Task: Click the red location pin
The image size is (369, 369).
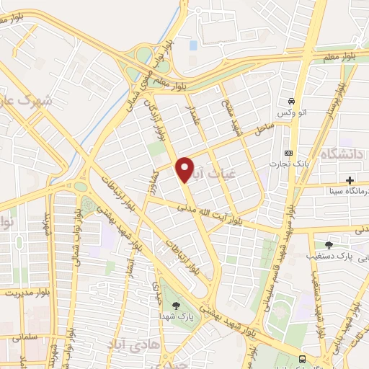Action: pos(185,169)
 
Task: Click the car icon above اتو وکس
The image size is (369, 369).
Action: pos(291,101)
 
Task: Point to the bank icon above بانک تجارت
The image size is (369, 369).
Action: pos(289,153)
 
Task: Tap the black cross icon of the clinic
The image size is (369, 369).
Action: pos(350,180)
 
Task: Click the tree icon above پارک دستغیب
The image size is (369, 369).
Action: pos(329,245)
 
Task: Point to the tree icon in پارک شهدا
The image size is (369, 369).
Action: pos(177,306)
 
